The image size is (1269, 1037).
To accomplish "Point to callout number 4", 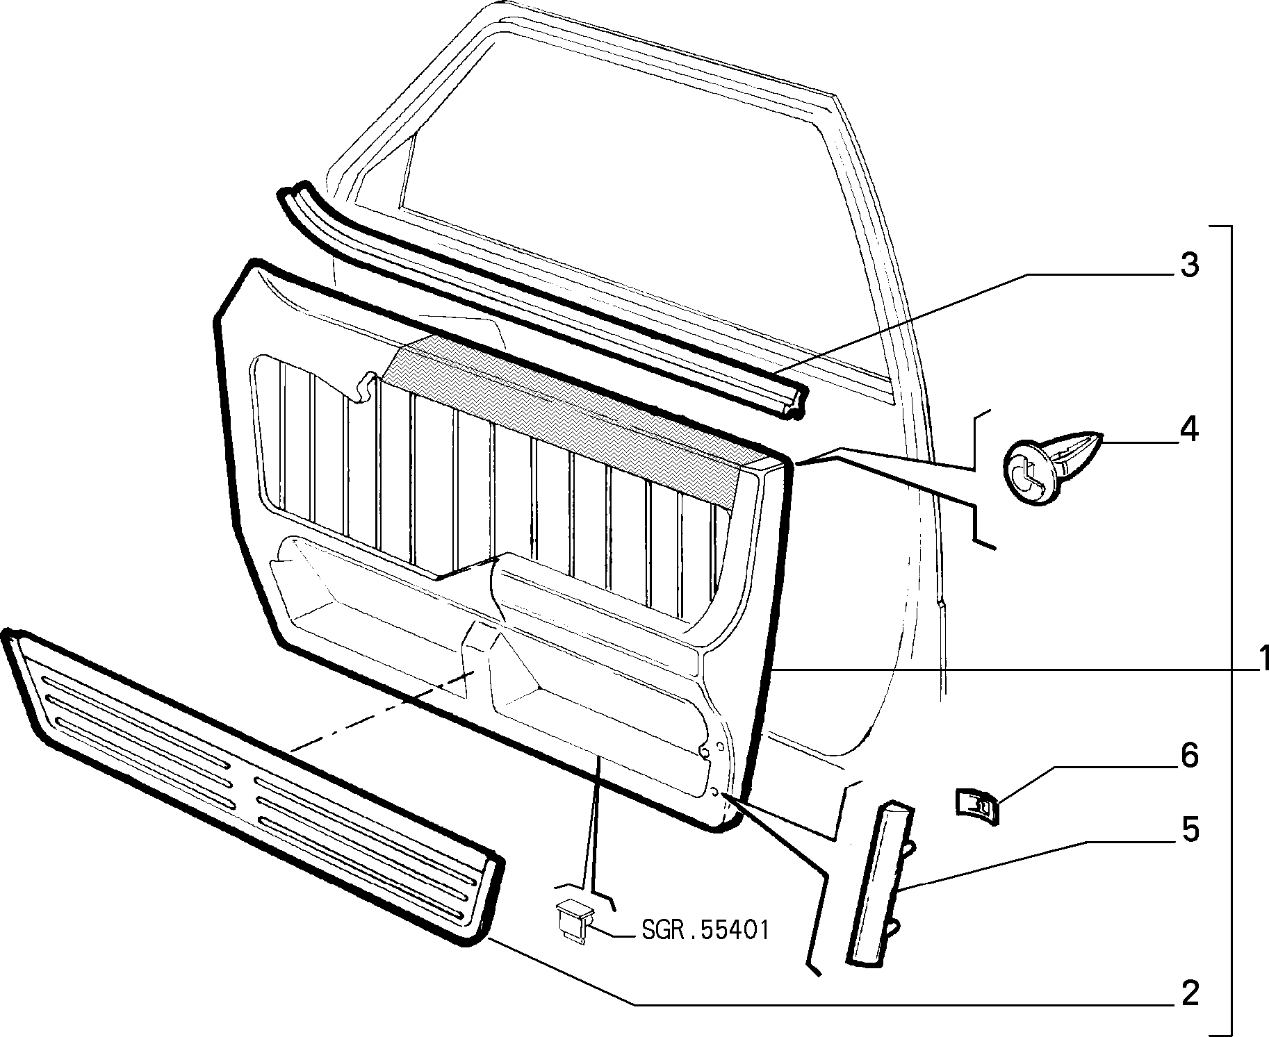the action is (x=1190, y=431).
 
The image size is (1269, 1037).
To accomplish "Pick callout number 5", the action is (x=1190, y=830).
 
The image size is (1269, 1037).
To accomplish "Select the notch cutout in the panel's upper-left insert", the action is (x=364, y=389).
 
